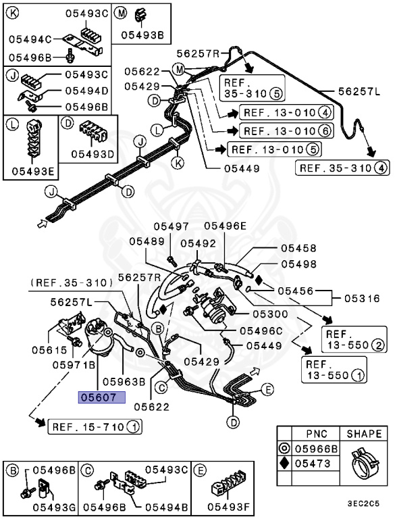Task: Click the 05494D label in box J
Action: (x=87, y=90)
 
